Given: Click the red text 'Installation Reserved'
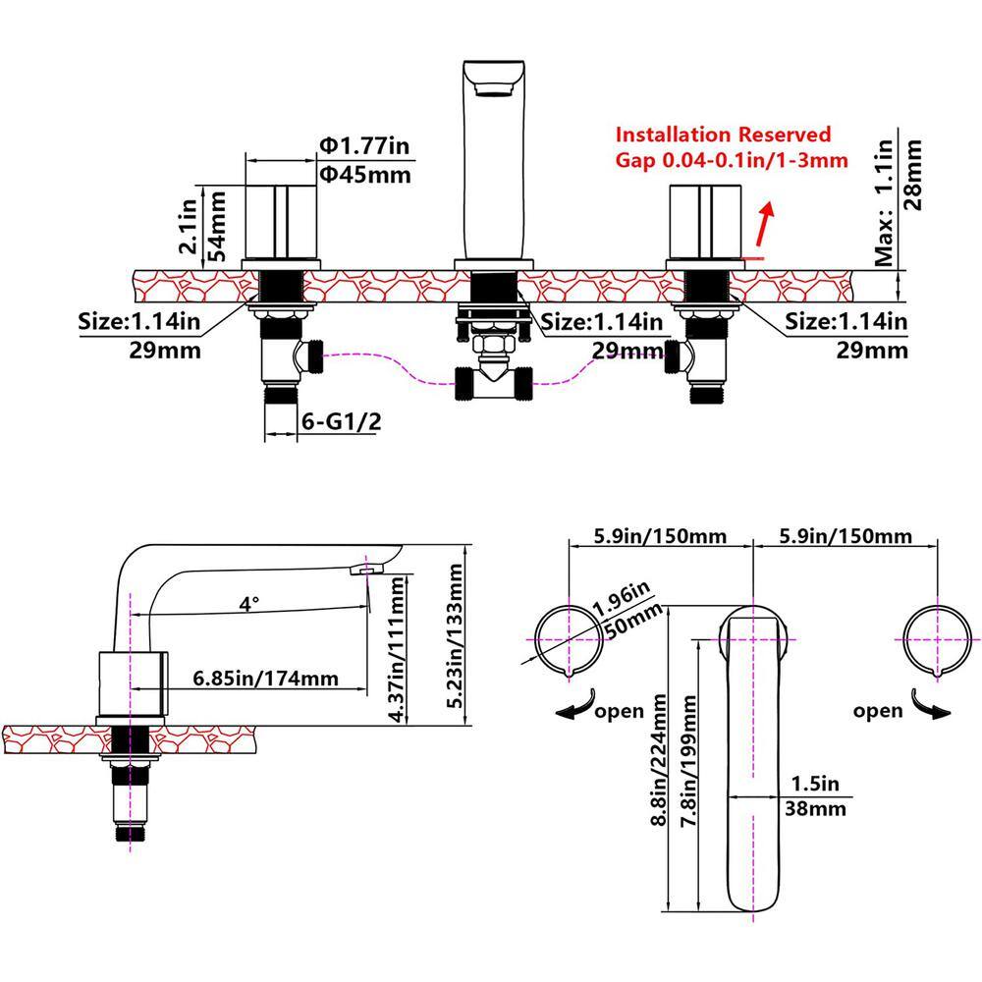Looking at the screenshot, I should [x=723, y=135].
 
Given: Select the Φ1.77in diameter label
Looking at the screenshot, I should [x=362, y=146].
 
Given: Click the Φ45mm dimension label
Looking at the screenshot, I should [x=363, y=175].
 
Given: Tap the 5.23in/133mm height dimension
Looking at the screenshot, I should [x=454, y=635].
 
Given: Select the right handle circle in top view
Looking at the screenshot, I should [x=936, y=638].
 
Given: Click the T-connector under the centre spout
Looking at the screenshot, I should [x=492, y=381].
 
